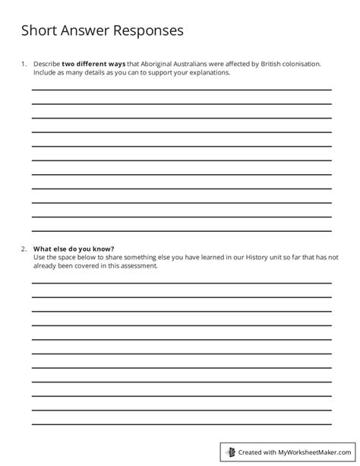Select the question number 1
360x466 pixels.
(23, 65)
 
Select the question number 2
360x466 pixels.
(24, 249)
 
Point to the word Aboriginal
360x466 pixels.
(146, 65)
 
